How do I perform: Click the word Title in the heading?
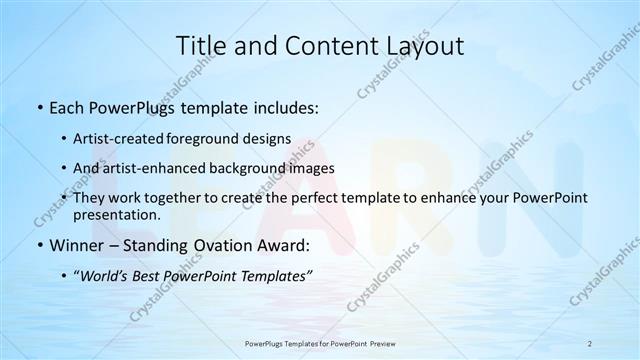tap(201, 46)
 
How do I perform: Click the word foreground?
tap(211, 139)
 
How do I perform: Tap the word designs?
tap(268, 139)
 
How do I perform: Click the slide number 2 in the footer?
tap(590, 343)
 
